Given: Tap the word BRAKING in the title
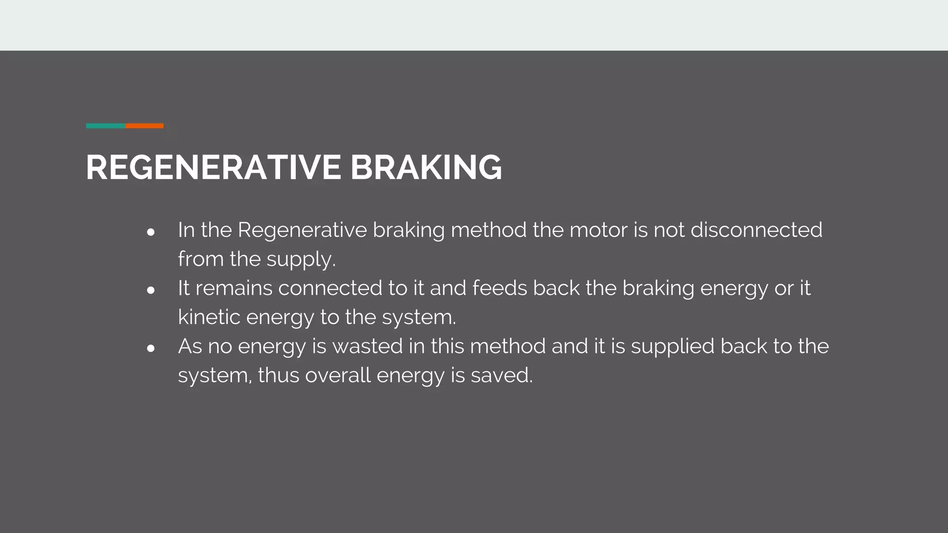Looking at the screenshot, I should tap(426, 167).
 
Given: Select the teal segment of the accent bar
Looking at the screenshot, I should tap(106, 126).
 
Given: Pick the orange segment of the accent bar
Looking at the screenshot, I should tap(144, 126).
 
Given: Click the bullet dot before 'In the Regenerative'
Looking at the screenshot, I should tap(150, 232).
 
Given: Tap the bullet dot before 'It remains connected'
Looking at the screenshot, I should tap(150, 291).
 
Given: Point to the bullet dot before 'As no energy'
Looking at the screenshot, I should tap(150, 348).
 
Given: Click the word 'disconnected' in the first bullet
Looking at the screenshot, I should tap(756, 230).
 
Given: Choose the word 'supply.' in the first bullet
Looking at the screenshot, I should tap(301, 260).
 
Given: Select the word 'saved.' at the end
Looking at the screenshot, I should tap(502, 375).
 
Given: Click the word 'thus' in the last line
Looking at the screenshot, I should tap(278, 375).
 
